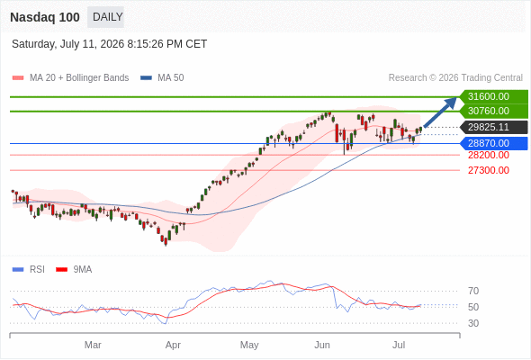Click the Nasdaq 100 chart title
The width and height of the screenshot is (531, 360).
(45, 17)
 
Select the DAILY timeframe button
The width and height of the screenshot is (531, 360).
(105, 17)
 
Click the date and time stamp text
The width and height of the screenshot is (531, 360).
(109, 44)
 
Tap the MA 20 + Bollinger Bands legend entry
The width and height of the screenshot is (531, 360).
(70, 78)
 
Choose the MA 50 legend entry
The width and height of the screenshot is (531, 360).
(162, 78)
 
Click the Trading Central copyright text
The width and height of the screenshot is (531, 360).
(455, 78)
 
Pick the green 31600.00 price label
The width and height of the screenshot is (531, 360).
(494, 96)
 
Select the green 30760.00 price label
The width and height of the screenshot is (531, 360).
(494, 111)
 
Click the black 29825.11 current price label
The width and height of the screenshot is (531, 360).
(494, 127)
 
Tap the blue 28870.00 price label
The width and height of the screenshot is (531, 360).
(494, 143)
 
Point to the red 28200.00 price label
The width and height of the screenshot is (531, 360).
(489, 155)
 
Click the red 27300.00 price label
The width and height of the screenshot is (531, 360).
(489, 170)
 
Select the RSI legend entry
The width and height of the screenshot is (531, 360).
(29, 270)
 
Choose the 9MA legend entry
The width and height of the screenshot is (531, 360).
(74, 270)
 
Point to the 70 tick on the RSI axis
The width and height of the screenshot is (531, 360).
(473, 291)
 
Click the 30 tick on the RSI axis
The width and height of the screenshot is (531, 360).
(473, 323)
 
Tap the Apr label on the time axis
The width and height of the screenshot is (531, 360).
(173, 345)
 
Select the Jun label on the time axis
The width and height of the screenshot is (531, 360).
(321, 345)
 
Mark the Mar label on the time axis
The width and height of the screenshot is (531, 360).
(93, 345)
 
